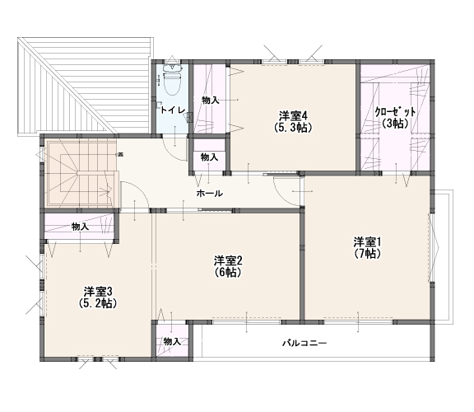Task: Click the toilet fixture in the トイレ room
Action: (x=172, y=80)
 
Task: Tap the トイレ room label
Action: (x=173, y=110)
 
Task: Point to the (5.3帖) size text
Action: (x=293, y=128)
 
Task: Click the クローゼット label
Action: (x=395, y=112)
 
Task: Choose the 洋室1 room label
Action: (x=367, y=242)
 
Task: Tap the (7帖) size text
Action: (x=367, y=254)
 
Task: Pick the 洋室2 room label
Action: (x=228, y=260)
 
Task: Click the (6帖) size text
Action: (x=228, y=273)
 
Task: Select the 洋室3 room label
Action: (x=98, y=292)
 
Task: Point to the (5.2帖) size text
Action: (x=98, y=303)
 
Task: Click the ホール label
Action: (x=210, y=193)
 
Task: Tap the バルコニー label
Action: (x=304, y=344)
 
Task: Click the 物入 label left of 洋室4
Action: (x=211, y=101)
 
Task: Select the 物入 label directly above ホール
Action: (x=210, y=157)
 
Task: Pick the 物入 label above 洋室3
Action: (x=80, y=227)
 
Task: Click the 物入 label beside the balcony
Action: (x=172, y=342)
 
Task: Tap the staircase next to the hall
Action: (x=81, y=174)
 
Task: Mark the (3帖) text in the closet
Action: (x=395, y=124)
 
